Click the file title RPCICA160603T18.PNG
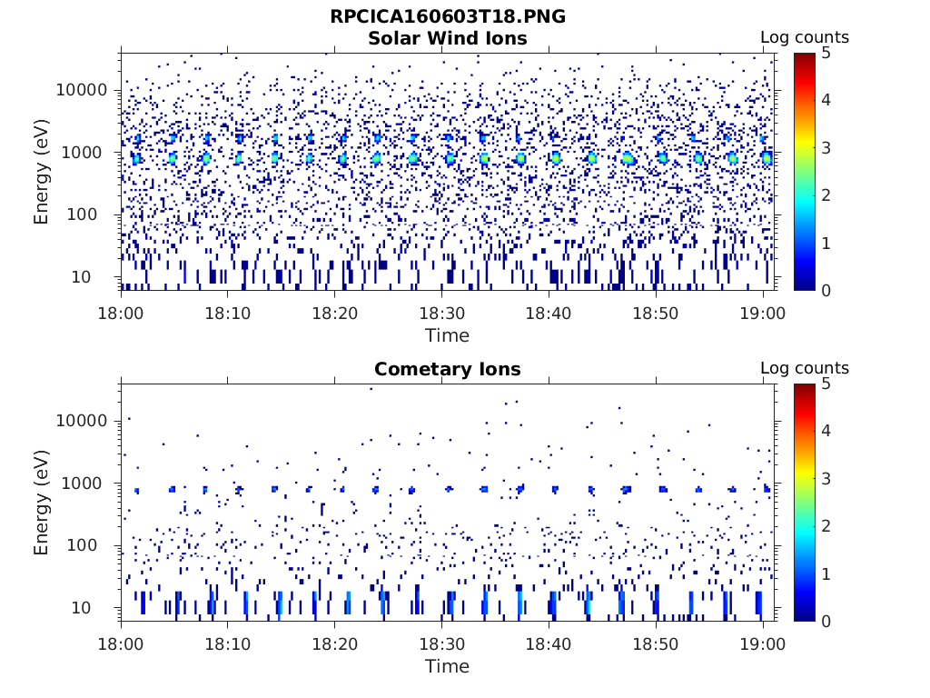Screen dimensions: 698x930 (447, 16)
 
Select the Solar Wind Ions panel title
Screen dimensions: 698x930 (447, 38)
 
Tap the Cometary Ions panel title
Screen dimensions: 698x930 (447, 369)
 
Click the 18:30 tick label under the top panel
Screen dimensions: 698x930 (441, 313)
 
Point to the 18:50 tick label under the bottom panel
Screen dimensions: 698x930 (656, 643)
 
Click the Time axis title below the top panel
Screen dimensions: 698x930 (447, 335)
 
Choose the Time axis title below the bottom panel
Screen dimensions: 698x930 (447, 666)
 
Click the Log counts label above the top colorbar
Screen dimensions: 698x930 (804, 37)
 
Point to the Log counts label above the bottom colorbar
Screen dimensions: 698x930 (804, 368)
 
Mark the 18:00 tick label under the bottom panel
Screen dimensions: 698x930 (121, 643)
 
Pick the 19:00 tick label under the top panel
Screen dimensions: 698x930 (763, 313)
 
